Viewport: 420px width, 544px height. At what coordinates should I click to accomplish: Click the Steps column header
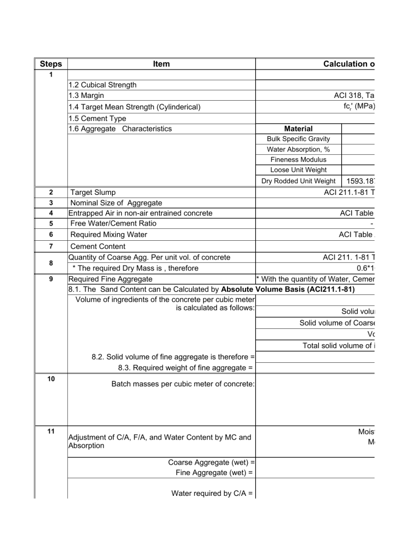[x=50, y=64]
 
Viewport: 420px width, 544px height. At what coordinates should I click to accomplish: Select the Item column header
[x=161, y=64]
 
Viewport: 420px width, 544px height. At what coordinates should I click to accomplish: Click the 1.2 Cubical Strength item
[x=102, y=85]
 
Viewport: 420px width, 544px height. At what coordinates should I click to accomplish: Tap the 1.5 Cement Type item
[x=97, y=118]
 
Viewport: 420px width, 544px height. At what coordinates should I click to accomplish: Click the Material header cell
[x=299, y=129]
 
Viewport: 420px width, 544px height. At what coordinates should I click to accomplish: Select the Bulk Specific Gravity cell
[x=299, y=139]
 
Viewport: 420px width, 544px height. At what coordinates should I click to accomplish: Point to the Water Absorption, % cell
[x=299, y=149]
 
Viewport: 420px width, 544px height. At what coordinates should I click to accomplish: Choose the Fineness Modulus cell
[x=299, y=160]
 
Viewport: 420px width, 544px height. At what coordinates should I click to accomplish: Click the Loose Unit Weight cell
[x=299, y=170]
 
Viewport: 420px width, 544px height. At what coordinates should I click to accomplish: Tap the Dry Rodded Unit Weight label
[x=299, y=181]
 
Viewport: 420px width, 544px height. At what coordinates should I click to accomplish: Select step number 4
[x=50, y=212]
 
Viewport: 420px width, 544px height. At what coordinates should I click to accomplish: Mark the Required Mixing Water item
[x=108, y=234]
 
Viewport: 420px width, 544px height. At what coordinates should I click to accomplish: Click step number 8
[x=50, y=262]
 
